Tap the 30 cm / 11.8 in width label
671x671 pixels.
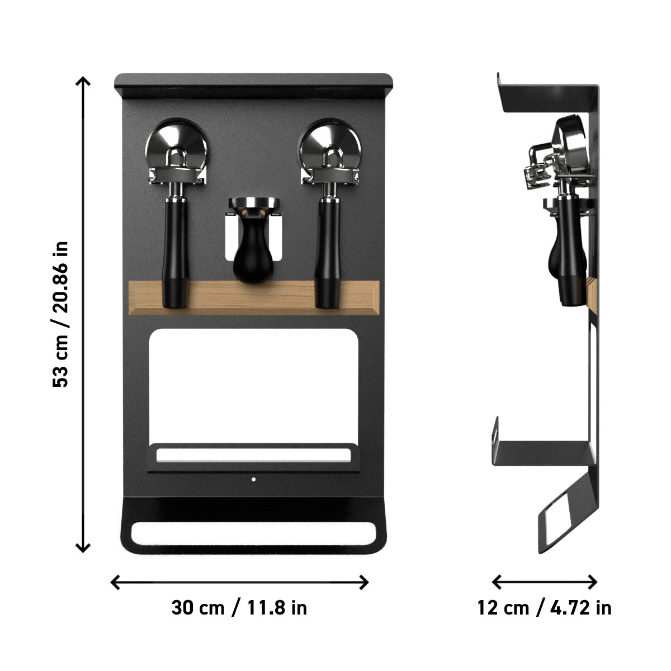239,607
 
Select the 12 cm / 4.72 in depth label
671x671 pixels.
544,607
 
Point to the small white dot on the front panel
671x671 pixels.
253,479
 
